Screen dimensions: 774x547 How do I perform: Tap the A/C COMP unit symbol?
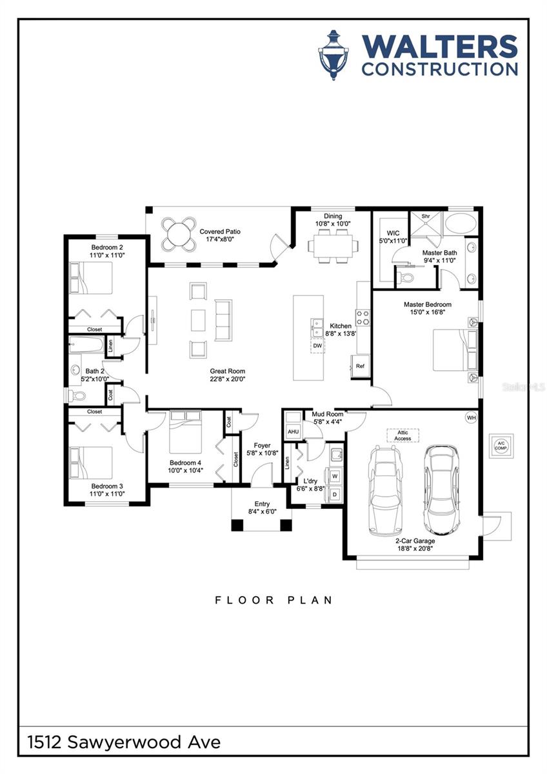tap(501, 446)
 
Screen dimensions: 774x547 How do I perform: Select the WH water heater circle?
tap(471, 418)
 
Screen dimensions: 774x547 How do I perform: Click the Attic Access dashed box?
tap(403, 435)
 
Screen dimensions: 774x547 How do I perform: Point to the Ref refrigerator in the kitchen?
tap(360, 366)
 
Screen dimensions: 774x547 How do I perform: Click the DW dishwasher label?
tap(317, 346)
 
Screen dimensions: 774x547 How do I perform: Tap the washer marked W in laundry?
tap(335, 476)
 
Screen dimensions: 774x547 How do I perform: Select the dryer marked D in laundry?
tap(335, 494)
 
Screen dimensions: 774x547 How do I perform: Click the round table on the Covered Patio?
tap(178, 234)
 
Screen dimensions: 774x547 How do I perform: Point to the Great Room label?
tap(227, 372)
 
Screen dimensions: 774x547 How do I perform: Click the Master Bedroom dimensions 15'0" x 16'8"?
tap(428, 312)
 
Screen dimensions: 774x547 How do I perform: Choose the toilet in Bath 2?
tap(74, 394)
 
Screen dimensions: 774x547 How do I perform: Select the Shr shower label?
tap(426, 216)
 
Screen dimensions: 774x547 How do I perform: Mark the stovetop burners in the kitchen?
tap(363, 317)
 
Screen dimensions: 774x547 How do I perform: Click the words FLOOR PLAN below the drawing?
tap(273, 600)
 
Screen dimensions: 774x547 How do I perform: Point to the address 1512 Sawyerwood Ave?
tap(124, 742)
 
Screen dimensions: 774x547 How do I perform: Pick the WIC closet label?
tap(393, 233)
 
